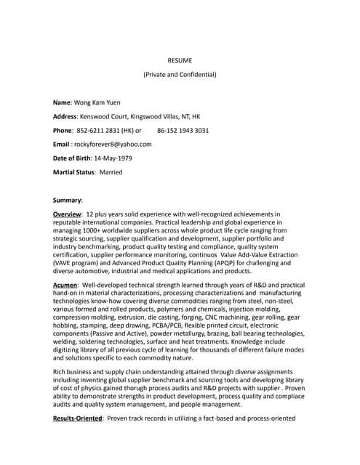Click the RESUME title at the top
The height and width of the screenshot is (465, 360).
(180, 60)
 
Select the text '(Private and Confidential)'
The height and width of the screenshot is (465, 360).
(180, 74)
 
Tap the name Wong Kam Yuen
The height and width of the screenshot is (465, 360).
(100, 103)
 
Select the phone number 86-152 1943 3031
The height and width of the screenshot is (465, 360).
(183, 131)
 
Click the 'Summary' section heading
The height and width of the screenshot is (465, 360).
(68, 199)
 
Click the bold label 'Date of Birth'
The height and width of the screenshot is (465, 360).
(74, 158)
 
